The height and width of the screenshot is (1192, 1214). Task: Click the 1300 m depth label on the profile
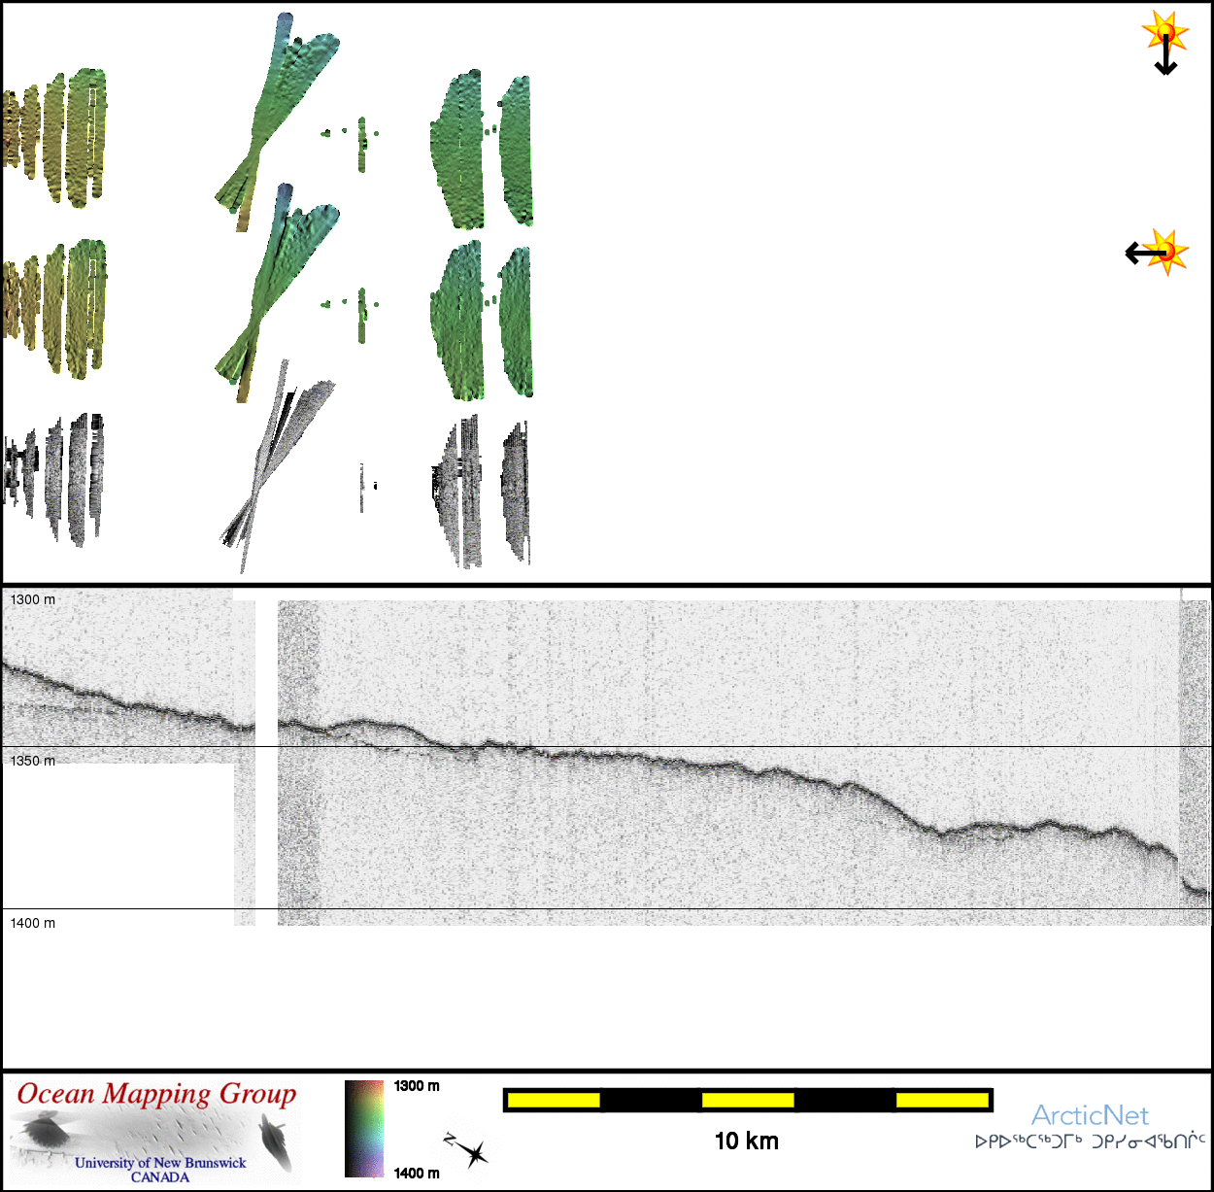click(x=33, y=600)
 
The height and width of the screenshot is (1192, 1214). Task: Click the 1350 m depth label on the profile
click(x=33, y=761)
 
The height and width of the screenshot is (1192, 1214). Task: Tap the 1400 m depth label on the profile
click(x=33, y=923)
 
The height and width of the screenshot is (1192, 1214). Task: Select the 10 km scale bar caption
click(x=746, y=1141)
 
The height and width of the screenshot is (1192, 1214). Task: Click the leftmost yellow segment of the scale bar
click(x=554, y=1100)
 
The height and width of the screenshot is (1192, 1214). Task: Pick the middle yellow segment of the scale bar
click(x=748, y=1100)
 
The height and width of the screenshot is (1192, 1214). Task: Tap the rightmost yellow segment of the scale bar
click(x=941, y=1100)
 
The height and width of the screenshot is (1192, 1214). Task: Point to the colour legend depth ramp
click(x=364, y=1129)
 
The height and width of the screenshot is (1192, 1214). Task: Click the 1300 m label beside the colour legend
click(x=417, y=1086)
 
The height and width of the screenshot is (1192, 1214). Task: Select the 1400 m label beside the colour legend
click(x=417, y=1174)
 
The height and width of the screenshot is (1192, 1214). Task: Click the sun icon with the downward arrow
click(x=1164, y=33)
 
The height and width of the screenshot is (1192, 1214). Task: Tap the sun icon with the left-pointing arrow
click(x=1166, y=252)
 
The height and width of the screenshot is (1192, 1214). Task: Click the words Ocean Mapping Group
click(x=156, y=1095)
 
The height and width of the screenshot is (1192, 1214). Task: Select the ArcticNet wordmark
click(x=1090, y=1115)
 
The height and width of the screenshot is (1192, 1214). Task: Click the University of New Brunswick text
click(x=160, y=1163)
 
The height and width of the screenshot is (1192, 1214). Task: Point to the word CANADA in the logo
click(x=160, y=1177)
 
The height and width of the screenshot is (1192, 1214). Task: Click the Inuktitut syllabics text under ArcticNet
click(x=1090, y=1141)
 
